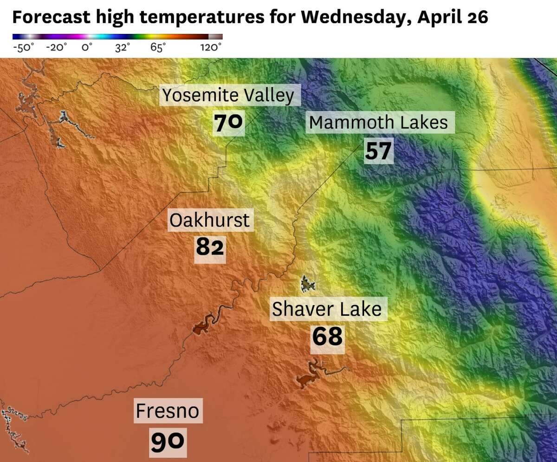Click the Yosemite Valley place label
229,96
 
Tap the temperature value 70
228,123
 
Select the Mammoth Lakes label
378,123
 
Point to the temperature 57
378,150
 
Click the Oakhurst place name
209,220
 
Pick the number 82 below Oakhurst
210,247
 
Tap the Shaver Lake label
327,309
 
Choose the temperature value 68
327,337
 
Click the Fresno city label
167,411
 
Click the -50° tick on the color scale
23,48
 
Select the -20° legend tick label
56,48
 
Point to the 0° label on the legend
87,48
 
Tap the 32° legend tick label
123,48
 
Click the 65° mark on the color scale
158,48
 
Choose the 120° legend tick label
211,48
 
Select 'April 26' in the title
453,17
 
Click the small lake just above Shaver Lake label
306,284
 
